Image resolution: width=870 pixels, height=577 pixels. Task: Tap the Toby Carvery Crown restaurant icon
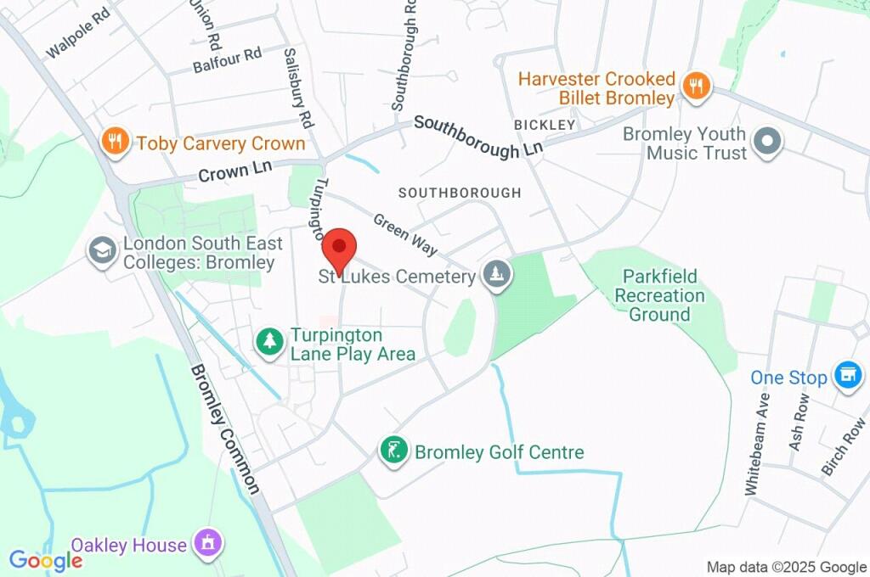point(112,143)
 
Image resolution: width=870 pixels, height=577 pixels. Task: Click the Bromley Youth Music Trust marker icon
point(767,143)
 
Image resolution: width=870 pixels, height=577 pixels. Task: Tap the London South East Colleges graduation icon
point(103,252)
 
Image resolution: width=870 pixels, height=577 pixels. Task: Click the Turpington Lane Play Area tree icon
point(269,343)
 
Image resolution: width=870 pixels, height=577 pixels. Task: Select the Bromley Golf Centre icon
point(392,451)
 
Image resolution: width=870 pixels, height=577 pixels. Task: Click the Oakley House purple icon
point(207,544)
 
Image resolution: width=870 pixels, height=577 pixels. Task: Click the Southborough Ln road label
point(477,137)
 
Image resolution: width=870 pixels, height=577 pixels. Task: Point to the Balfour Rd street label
point(227,56)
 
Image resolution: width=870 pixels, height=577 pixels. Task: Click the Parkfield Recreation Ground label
point(659,295)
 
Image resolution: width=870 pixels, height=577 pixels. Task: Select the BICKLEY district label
point(545,125)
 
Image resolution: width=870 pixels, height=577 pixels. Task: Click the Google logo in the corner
point(45,560)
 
